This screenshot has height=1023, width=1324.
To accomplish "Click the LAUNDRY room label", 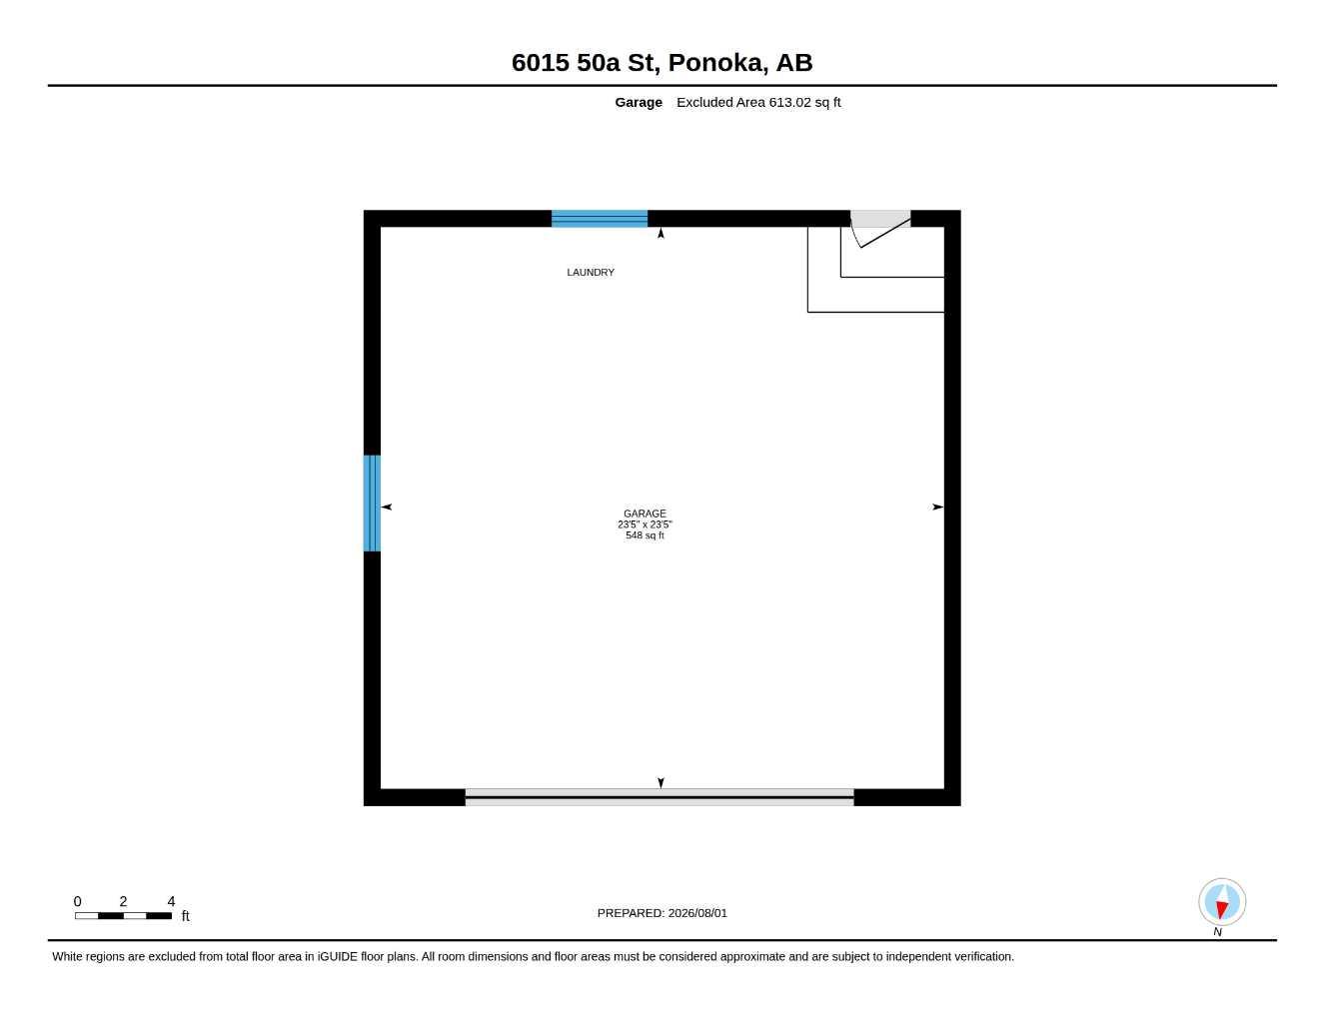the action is pyautogui.click(x=590, y=272).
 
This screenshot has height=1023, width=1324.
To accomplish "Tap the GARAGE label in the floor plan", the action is pyautogui.click(x=645, y=513).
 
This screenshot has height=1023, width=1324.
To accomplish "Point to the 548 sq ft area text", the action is pyautogui.click(x=645, y=535).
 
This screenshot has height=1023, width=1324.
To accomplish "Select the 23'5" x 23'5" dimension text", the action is pyautogui.click(x=645, y=524).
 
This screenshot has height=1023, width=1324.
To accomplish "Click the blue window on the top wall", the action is pyautogui.click(x=599, y=219).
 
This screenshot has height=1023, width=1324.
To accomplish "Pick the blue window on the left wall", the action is pyautogui.click(x=372, y=503).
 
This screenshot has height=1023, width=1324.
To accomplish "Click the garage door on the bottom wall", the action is pyautogui.click(x=660, y=797).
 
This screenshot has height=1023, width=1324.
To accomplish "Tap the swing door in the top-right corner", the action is pyautogui.click(x=880, y=229).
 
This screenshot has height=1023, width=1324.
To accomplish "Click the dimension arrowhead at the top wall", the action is pyautogui.click(x=661, y=233).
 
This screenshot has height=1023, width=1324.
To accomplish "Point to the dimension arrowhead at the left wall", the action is pyautogui.click(x=387, y=507).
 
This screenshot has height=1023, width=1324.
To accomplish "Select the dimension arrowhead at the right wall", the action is pyautogui.click(x=938, y=507).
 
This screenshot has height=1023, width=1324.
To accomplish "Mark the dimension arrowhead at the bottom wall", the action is pyautogui.click(x=661, y=783).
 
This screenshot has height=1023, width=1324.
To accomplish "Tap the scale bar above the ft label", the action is pyautogui.click(x=123, y=916).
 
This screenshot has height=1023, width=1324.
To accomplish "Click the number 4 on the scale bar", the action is pyautogui.click(x=171, y=901).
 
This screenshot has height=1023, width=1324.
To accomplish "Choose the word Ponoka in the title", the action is pyautogui.click(x=717, y=62).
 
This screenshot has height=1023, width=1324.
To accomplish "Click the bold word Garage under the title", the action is pyautogui.click(x=639, y=102).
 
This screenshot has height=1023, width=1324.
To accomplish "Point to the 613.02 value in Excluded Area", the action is pyautogui.click(x=789, y=102).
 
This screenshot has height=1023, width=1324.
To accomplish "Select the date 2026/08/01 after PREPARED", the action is pyautogui.click(x=697, y=913).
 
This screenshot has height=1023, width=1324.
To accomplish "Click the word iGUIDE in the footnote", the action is pyautogui.click(x=338, y=957).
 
